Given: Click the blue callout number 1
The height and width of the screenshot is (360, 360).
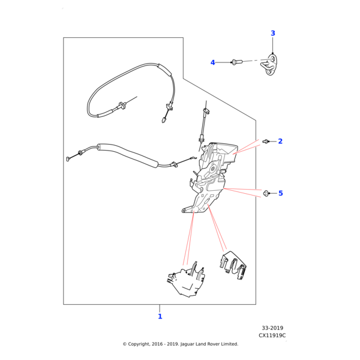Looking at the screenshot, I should pyautogui.click(x=160, y=316).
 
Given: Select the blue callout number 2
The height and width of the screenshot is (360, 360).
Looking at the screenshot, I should pyautogui.click(x=280, y=142).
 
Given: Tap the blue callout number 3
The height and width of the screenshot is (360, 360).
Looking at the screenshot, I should pyautogui.click(x=273, y=34).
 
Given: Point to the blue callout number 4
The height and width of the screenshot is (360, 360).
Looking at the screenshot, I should pyautogui.click(x=212, y=62).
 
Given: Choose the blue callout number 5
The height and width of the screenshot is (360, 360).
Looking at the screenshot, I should pyautogui.click(x=280, y=193).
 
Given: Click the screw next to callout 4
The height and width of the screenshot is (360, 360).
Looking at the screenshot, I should pyautogui.click(x=235, y=62).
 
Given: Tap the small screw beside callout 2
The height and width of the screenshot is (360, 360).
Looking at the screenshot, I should pyautogui.click(x=266, y=142).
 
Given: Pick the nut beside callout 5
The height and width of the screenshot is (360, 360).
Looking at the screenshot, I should pyautogui.click(x=266, y=193).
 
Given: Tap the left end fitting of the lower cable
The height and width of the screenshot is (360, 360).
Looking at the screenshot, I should pyautogui.click(x=68, y=159).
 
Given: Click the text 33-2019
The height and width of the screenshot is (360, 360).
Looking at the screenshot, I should pyautogui.click(x=272, y=328).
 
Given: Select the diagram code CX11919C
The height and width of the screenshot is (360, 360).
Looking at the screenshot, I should pyautogui.click(x=272, y=335).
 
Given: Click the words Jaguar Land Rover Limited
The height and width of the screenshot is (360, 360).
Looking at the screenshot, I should pyautogui.click(x=208, y=344).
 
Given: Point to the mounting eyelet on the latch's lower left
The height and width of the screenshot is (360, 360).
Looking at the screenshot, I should pyautogui.click(x=184, y=211).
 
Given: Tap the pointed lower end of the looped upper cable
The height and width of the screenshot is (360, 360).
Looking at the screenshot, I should pyautogui.click(x=164, y=120).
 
